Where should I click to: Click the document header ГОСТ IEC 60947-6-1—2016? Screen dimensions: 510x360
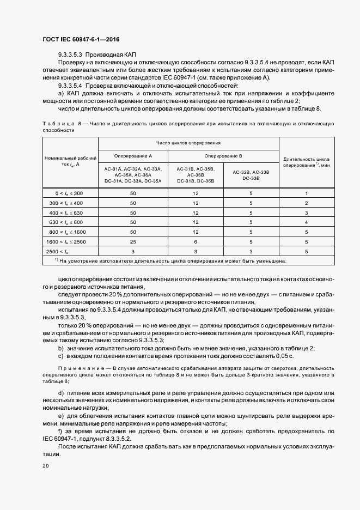click(x=81, y=40)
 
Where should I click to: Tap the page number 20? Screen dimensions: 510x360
click(x=46, y=466)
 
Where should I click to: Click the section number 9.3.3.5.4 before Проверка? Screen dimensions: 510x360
click(x=70, y=86)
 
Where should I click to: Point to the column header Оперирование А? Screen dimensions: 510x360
click(x=133, y=155)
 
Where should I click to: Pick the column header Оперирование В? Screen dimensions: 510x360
click(x=223, y=155)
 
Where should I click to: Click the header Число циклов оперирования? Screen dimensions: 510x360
click(x=188, y=143)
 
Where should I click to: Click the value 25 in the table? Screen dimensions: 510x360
click(x=133, y=241)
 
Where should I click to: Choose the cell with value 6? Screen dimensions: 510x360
click(x=196, y=241)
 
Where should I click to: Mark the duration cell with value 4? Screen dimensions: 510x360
click(x=307, y=222)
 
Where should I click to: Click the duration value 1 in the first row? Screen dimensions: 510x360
click(x=307, y=193)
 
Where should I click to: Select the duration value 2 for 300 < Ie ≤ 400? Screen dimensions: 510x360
click(x=307, y=203)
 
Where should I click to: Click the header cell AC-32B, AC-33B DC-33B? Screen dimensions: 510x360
click(x=251, y=174)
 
